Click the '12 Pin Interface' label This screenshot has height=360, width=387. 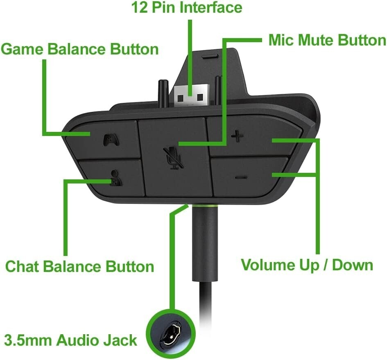pyautogui.click(x=186, y=8)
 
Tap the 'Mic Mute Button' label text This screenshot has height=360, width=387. pyautogui.click(x=327, y=41)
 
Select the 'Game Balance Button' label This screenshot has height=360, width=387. pyautogui.click(x=79, y=50)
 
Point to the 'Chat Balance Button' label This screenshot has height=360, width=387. pyautogui.click(x=79, y=267)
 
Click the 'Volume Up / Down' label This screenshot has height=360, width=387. pyautogui.click(x=307, y=265)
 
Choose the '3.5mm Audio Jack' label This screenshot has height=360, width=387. pyautogui.click(x=70, y=340)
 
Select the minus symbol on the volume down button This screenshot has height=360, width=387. pyautogui.click(x=242, y=177)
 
